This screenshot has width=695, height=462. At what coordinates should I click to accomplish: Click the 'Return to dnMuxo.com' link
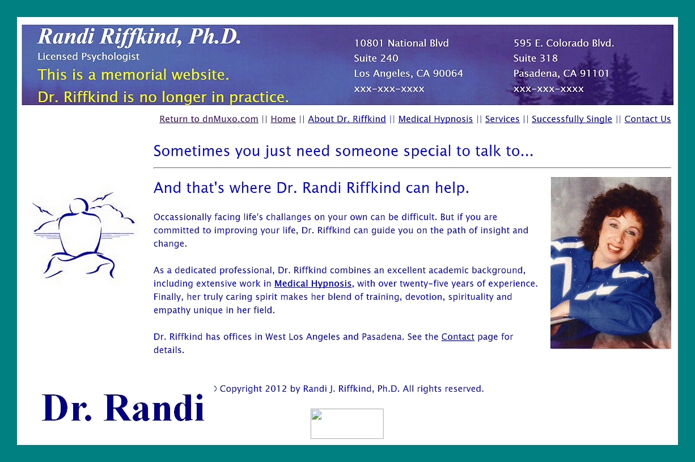tap(209, 119)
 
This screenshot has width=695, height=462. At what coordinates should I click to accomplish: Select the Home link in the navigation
tap(283, 119)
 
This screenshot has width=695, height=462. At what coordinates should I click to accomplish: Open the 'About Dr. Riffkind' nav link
tap(347, 119)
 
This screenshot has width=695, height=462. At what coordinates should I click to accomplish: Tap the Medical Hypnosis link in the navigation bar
tap(435, 119)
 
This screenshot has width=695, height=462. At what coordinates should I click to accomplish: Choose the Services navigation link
tap(502, 119)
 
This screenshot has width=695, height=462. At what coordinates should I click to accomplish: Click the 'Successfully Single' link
tap(572, 119)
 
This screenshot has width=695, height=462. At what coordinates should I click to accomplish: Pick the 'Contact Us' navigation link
tap(647, 119)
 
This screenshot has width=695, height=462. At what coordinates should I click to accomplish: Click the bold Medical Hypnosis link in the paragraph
tap(313, 284)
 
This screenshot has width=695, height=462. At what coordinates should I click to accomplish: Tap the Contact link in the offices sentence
tap(457, 337)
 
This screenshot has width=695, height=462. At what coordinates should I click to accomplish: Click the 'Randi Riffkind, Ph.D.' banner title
tap(139, 37)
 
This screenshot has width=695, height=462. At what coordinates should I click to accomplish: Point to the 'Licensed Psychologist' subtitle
tap(88, 57)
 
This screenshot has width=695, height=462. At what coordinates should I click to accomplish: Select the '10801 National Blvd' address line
tap(401, 43)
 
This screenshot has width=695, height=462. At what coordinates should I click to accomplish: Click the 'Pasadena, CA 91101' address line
tap(561, 74)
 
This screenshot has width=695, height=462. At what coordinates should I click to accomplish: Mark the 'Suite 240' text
tap(376, 58)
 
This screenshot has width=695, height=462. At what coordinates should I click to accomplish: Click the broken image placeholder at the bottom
tap(347, 423)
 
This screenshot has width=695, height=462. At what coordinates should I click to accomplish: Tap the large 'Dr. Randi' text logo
tap(123, 408)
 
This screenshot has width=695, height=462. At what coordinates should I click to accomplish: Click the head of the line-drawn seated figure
tap(79, 205)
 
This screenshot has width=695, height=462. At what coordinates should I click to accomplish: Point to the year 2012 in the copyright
tap(276, 389)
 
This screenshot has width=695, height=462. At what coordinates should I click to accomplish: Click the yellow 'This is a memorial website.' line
tap(133, 75)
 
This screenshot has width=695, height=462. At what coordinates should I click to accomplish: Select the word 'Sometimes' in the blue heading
tap(192, 152)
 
